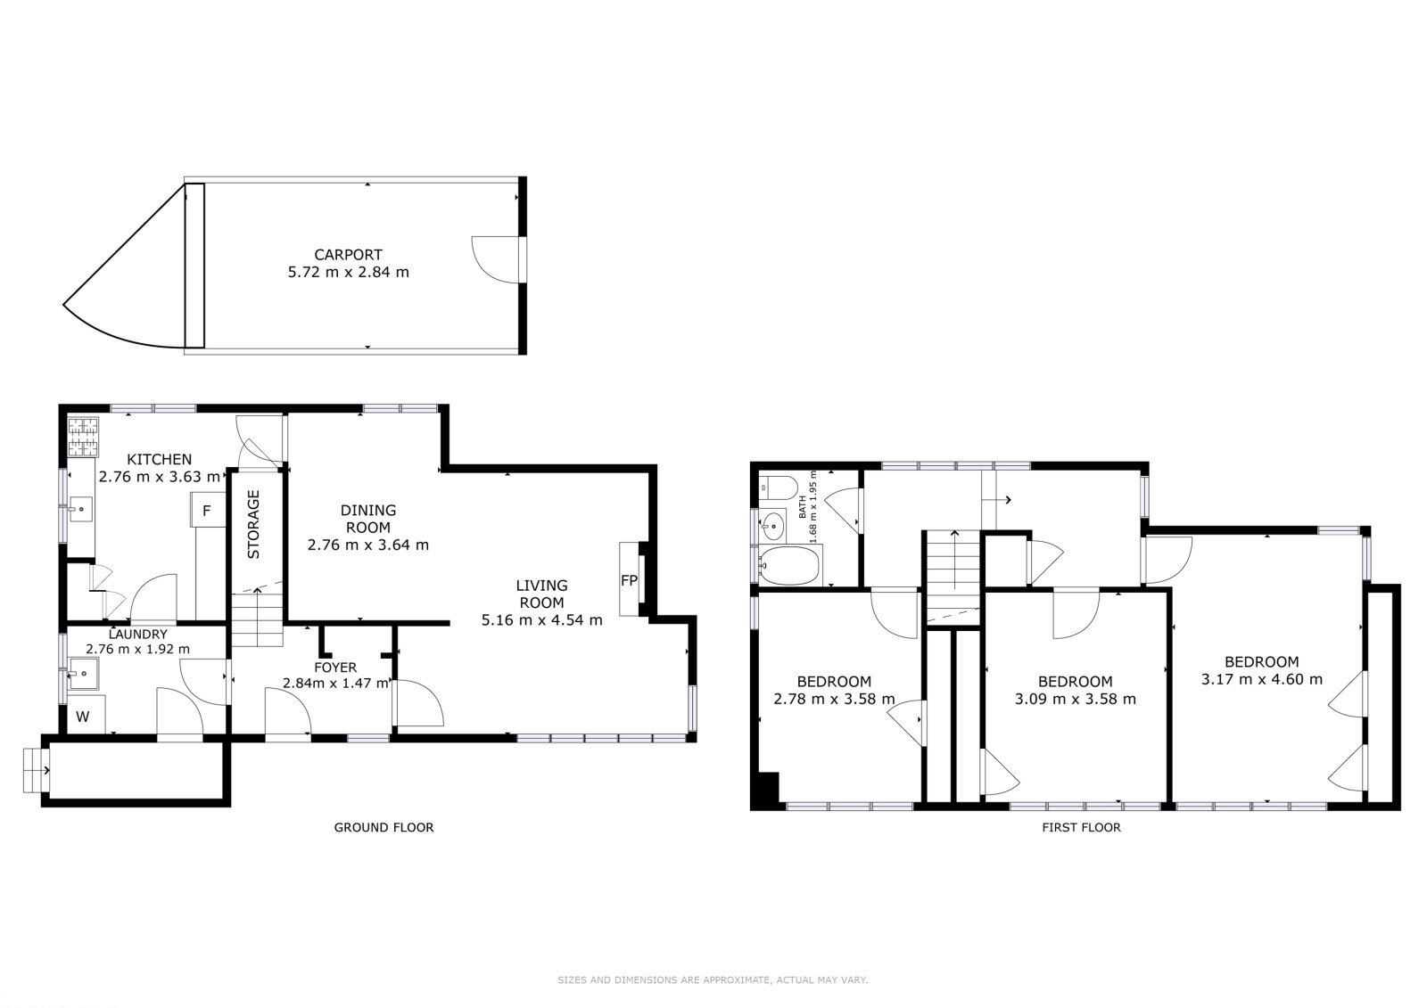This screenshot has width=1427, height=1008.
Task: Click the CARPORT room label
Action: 349,255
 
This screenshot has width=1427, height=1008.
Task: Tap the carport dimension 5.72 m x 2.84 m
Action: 349,273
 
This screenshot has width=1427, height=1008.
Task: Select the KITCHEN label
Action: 160,459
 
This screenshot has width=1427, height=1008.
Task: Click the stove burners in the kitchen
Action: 84,437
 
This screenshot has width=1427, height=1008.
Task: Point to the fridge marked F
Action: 208,510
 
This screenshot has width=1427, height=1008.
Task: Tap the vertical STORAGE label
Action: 253,524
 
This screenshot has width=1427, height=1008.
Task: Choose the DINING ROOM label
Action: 368,519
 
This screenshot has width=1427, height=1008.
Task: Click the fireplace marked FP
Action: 630,579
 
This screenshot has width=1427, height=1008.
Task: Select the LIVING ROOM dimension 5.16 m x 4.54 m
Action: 541,620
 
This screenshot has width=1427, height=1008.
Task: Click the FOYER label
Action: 335,668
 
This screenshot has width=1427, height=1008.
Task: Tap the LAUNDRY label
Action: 137,635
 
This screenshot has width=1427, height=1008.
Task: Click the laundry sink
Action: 84,674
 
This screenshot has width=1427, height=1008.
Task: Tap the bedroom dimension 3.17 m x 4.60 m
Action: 1261,679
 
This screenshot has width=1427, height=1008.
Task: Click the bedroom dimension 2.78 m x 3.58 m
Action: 834,699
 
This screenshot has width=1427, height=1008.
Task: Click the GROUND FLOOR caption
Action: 384,827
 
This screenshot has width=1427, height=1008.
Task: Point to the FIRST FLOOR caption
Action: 1081,827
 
